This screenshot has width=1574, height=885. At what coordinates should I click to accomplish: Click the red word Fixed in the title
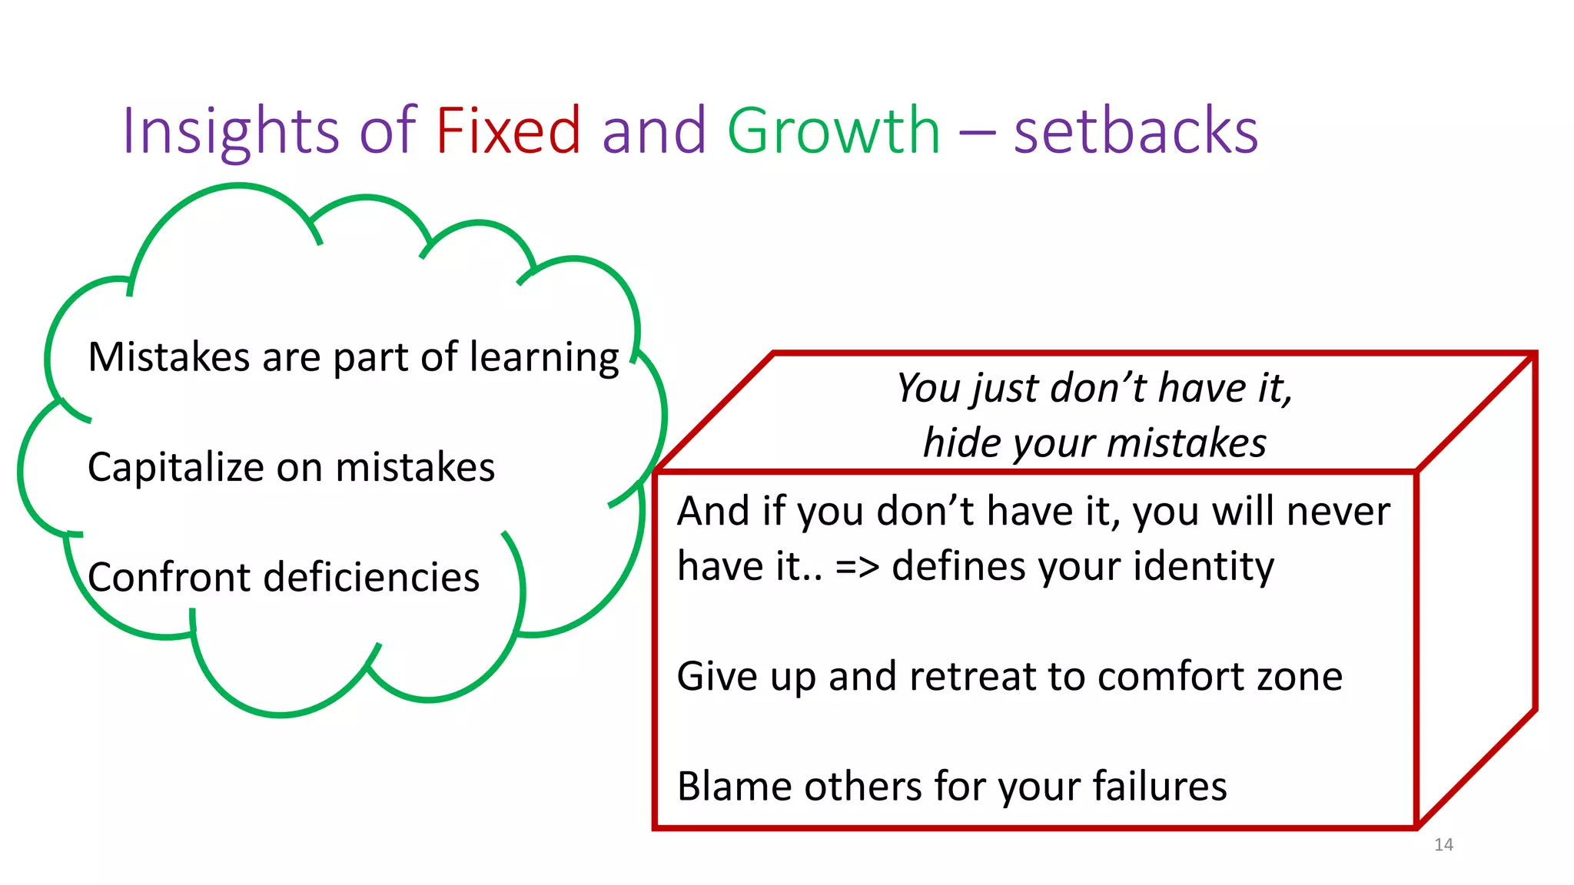click(x=508, y=131)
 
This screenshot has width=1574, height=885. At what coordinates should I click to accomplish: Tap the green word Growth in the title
click(x=833, y=131)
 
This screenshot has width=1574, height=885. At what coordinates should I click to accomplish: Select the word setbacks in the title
click(x=1135, y=131)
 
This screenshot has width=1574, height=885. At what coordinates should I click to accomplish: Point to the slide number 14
click(x=1443, y=845)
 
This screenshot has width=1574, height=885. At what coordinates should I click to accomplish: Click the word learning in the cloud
click(x=544, y=358)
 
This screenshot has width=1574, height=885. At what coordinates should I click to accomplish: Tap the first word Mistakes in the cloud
click(x=169, y=358)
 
